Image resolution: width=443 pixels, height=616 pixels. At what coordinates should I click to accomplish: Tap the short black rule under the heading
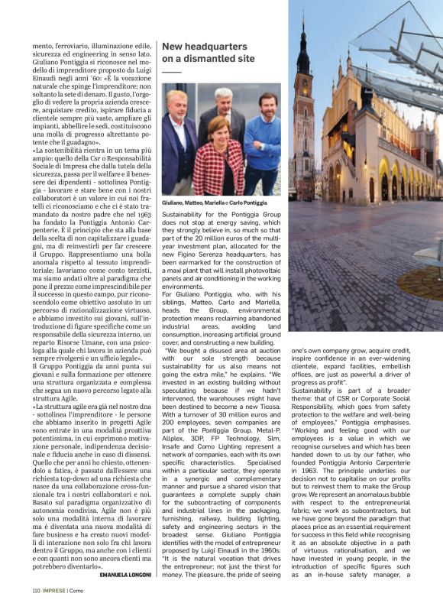click(172, 73)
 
